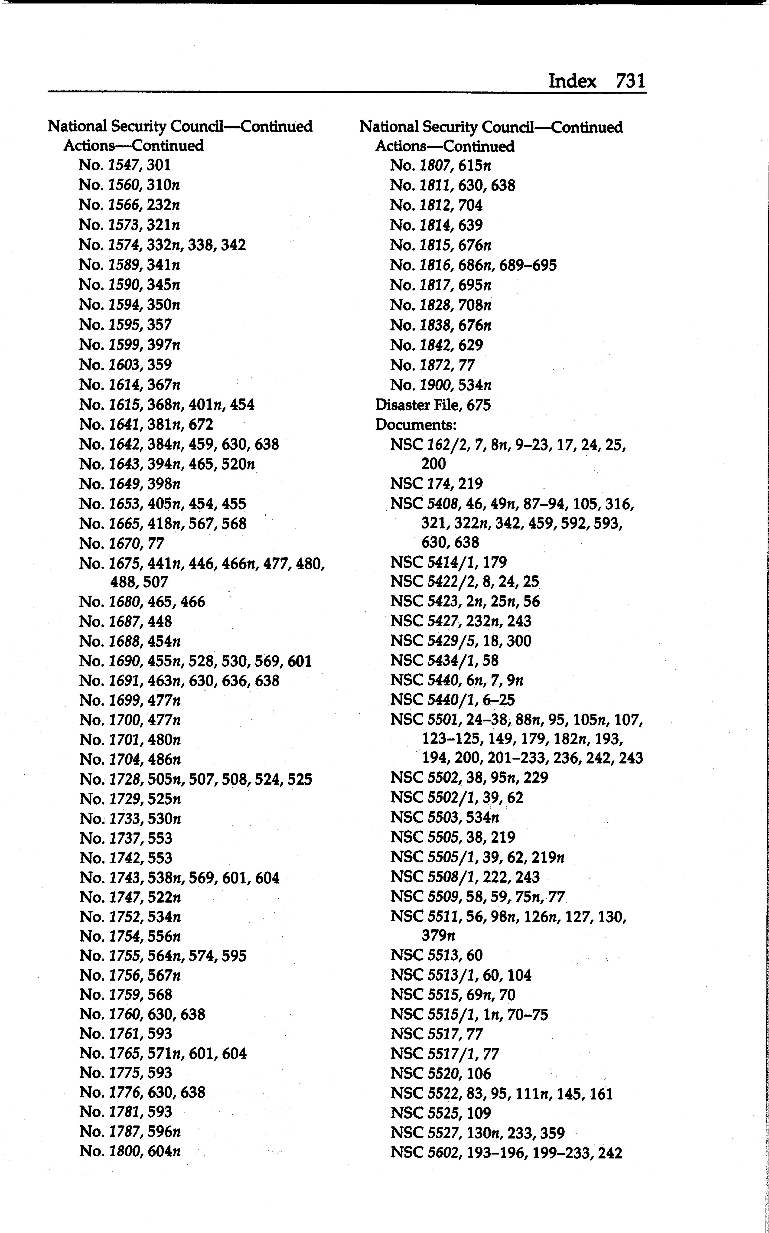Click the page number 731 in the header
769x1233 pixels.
630,81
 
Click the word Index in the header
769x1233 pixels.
572,81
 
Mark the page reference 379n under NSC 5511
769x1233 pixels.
438,936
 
